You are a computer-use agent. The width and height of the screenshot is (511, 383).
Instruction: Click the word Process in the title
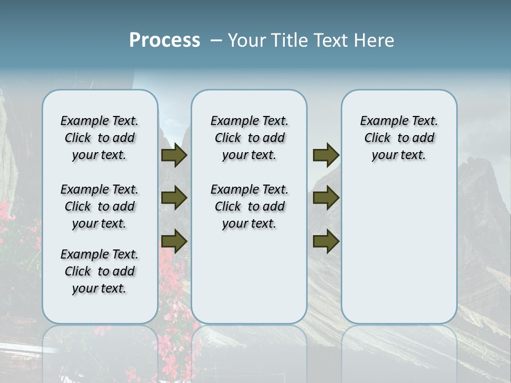164,40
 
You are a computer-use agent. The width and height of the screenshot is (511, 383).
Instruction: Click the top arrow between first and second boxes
174,155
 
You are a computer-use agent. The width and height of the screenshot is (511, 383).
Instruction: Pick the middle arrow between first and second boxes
174,198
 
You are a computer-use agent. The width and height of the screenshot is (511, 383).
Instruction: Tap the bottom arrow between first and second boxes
174,242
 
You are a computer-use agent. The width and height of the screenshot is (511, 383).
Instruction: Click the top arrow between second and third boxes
326,155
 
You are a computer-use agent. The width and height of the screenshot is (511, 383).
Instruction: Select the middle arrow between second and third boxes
326,198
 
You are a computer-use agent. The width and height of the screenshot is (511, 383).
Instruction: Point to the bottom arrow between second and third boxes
326,242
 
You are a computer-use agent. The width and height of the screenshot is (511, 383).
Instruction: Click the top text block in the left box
100,138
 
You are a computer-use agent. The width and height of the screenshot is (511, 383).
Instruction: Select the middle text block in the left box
100,206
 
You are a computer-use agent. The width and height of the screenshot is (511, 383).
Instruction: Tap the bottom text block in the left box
100,271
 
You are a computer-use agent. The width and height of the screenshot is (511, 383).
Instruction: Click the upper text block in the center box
249,138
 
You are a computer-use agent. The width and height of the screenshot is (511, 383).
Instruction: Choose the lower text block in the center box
249,206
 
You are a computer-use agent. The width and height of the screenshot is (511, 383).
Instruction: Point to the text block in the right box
399,138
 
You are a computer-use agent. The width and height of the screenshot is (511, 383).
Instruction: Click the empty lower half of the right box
399,255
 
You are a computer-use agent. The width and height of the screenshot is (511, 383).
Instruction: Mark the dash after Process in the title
216,40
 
